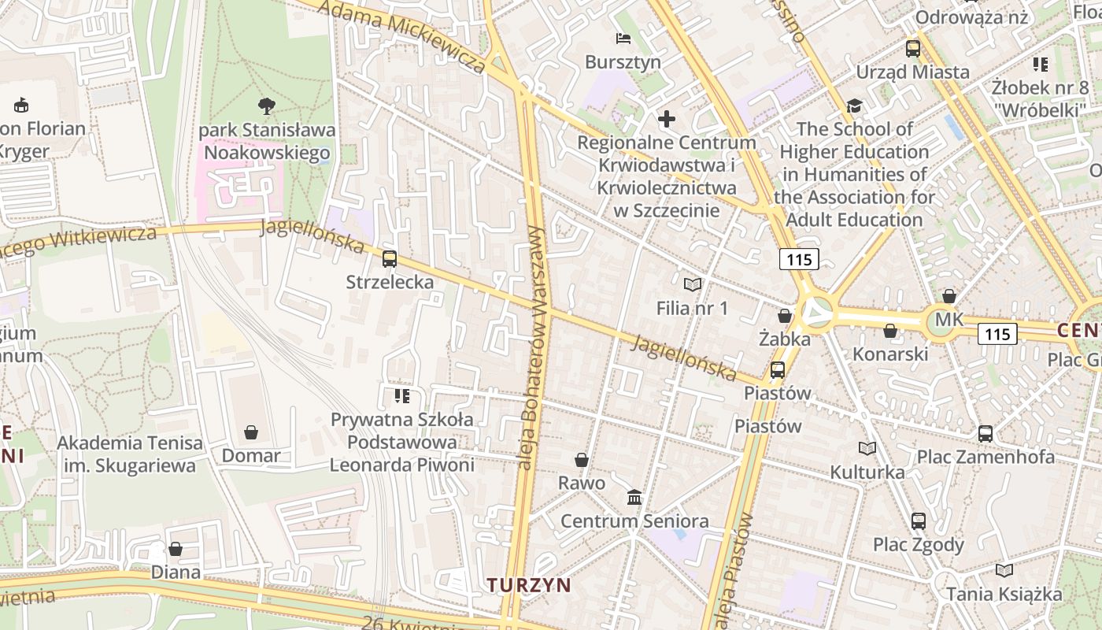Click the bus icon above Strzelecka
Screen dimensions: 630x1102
tap(389, 258)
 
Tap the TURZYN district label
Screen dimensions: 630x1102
tap(528, 585)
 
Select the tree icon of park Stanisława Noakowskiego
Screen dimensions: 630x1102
tap(267, 106)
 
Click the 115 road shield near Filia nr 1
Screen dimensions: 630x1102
tap(799, 258)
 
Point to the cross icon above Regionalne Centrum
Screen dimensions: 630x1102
tap(667, 120)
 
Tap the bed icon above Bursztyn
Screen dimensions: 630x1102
tap(623, 39)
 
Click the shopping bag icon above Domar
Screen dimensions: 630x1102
tap(251, 432)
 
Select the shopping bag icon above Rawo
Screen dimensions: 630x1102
tap(582, 460)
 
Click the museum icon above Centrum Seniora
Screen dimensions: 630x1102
tap(634, 498)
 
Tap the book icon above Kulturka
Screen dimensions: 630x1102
tap(867, 449)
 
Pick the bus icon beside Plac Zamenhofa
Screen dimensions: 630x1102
tap(985, 433)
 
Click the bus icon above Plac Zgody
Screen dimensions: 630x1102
tap(918, 521)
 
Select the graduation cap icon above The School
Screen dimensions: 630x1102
tap(854, 106)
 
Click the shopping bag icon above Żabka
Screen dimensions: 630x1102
tap(785, 317)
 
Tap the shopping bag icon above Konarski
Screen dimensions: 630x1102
tap(890, 332)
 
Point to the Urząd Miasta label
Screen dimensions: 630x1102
tap(912, 72)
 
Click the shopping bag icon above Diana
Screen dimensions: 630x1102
tap(176, 549)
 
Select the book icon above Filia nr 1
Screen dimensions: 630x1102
tap(693, 284)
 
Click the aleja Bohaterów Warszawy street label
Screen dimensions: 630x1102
tap(533, 346)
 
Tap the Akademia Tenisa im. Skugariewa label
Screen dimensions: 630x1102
tap(130, 454)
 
